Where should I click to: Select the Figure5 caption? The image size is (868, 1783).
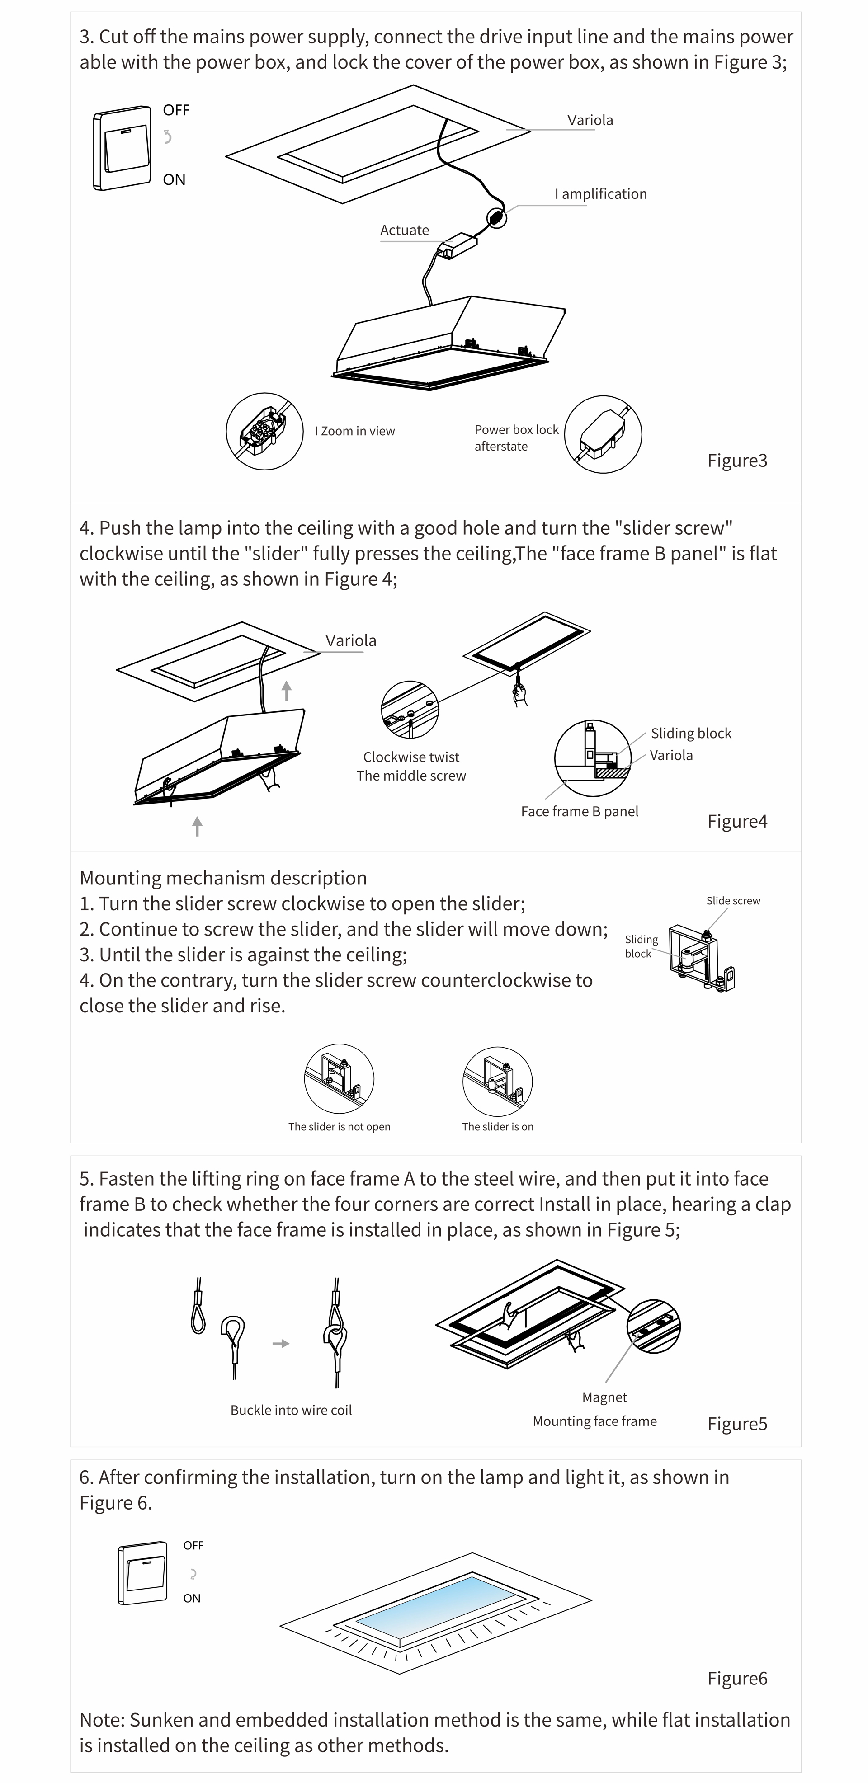pos(737,1424)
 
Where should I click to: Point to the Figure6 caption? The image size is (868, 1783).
pos(737,1679)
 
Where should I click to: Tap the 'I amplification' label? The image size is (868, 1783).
pos(601,194)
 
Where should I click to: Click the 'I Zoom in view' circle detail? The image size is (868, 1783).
pos(264,431)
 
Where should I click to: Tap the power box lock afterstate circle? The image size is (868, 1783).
pos(603,435)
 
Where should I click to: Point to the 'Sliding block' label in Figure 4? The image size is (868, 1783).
pos(691,734)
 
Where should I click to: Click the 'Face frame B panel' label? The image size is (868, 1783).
pos(580,812)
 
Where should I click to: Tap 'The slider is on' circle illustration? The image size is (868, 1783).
pos(498,1081)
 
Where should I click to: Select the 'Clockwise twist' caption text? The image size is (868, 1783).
pos(411,757)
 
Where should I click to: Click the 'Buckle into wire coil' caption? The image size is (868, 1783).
pos(292,1411)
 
